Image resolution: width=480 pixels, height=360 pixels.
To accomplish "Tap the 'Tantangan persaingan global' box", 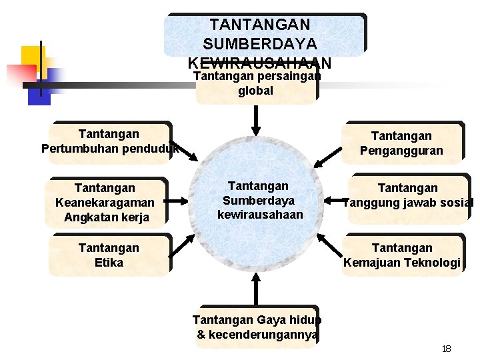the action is (256, 85).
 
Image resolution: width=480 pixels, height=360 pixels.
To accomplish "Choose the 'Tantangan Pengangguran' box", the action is (401, 143).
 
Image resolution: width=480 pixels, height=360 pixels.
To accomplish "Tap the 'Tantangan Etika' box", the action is (109, 255).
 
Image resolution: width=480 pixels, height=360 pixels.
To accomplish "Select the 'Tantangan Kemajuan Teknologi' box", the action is (402, 255).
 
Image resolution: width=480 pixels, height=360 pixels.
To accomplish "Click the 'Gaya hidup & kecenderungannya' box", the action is (256, 327).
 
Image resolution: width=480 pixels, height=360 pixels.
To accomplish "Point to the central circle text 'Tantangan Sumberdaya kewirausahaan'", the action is (259, 201).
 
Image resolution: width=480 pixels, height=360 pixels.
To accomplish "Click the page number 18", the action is (447, 349).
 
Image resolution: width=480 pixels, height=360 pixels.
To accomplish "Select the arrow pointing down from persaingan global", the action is (255, 121).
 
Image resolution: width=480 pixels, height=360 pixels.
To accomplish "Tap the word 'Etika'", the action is (109, 262).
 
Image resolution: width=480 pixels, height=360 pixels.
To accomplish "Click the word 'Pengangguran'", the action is (401, 151).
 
